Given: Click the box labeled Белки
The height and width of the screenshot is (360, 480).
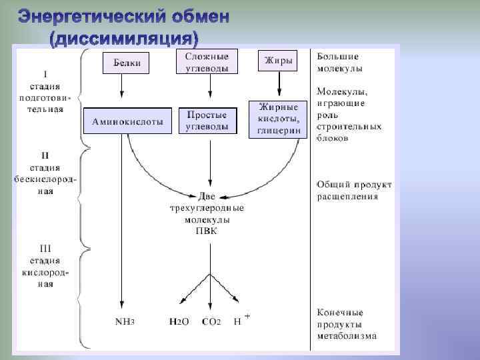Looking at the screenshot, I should (x=125, y=63).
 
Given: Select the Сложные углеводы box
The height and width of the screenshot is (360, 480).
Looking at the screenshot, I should (x=207, y=62).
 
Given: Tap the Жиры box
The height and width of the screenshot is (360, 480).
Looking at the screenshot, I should (x=279, y=61).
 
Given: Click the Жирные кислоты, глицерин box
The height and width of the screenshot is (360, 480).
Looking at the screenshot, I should (x=279, y=119).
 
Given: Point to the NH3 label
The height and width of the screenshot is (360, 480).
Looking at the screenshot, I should (x=125, y=321).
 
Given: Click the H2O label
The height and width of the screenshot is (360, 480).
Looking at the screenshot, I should (x=179, y=321).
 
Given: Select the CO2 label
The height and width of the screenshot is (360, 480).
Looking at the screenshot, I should (x=211, y=321).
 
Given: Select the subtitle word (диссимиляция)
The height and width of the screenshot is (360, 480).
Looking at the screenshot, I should (x=124, y=36).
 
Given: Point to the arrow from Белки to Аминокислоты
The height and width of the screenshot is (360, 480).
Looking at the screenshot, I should (x=122, y=87).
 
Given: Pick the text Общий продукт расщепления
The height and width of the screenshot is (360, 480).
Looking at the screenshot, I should (x=354, y=190).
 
